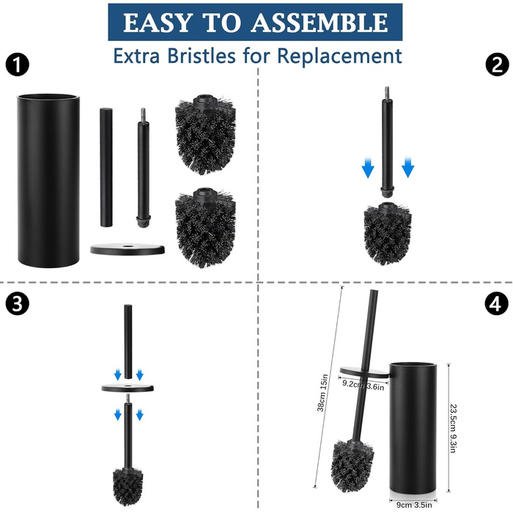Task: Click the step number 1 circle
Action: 18,64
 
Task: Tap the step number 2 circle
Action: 497,64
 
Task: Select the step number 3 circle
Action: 18,303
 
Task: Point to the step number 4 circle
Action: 497,303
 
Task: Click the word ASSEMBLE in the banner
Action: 321,23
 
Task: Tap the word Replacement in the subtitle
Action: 339,56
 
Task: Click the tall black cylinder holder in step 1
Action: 48,180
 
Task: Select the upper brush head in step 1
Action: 205,134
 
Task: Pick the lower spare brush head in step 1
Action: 205,228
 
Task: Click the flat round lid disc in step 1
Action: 128,249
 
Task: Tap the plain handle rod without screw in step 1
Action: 106,167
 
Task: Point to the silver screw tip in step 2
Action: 387,93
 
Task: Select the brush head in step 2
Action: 388,233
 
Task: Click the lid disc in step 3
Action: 128,388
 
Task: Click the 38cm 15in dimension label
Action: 322,393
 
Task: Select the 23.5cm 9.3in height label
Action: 453,428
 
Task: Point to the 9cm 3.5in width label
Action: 414,505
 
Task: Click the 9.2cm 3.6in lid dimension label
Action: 363,385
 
